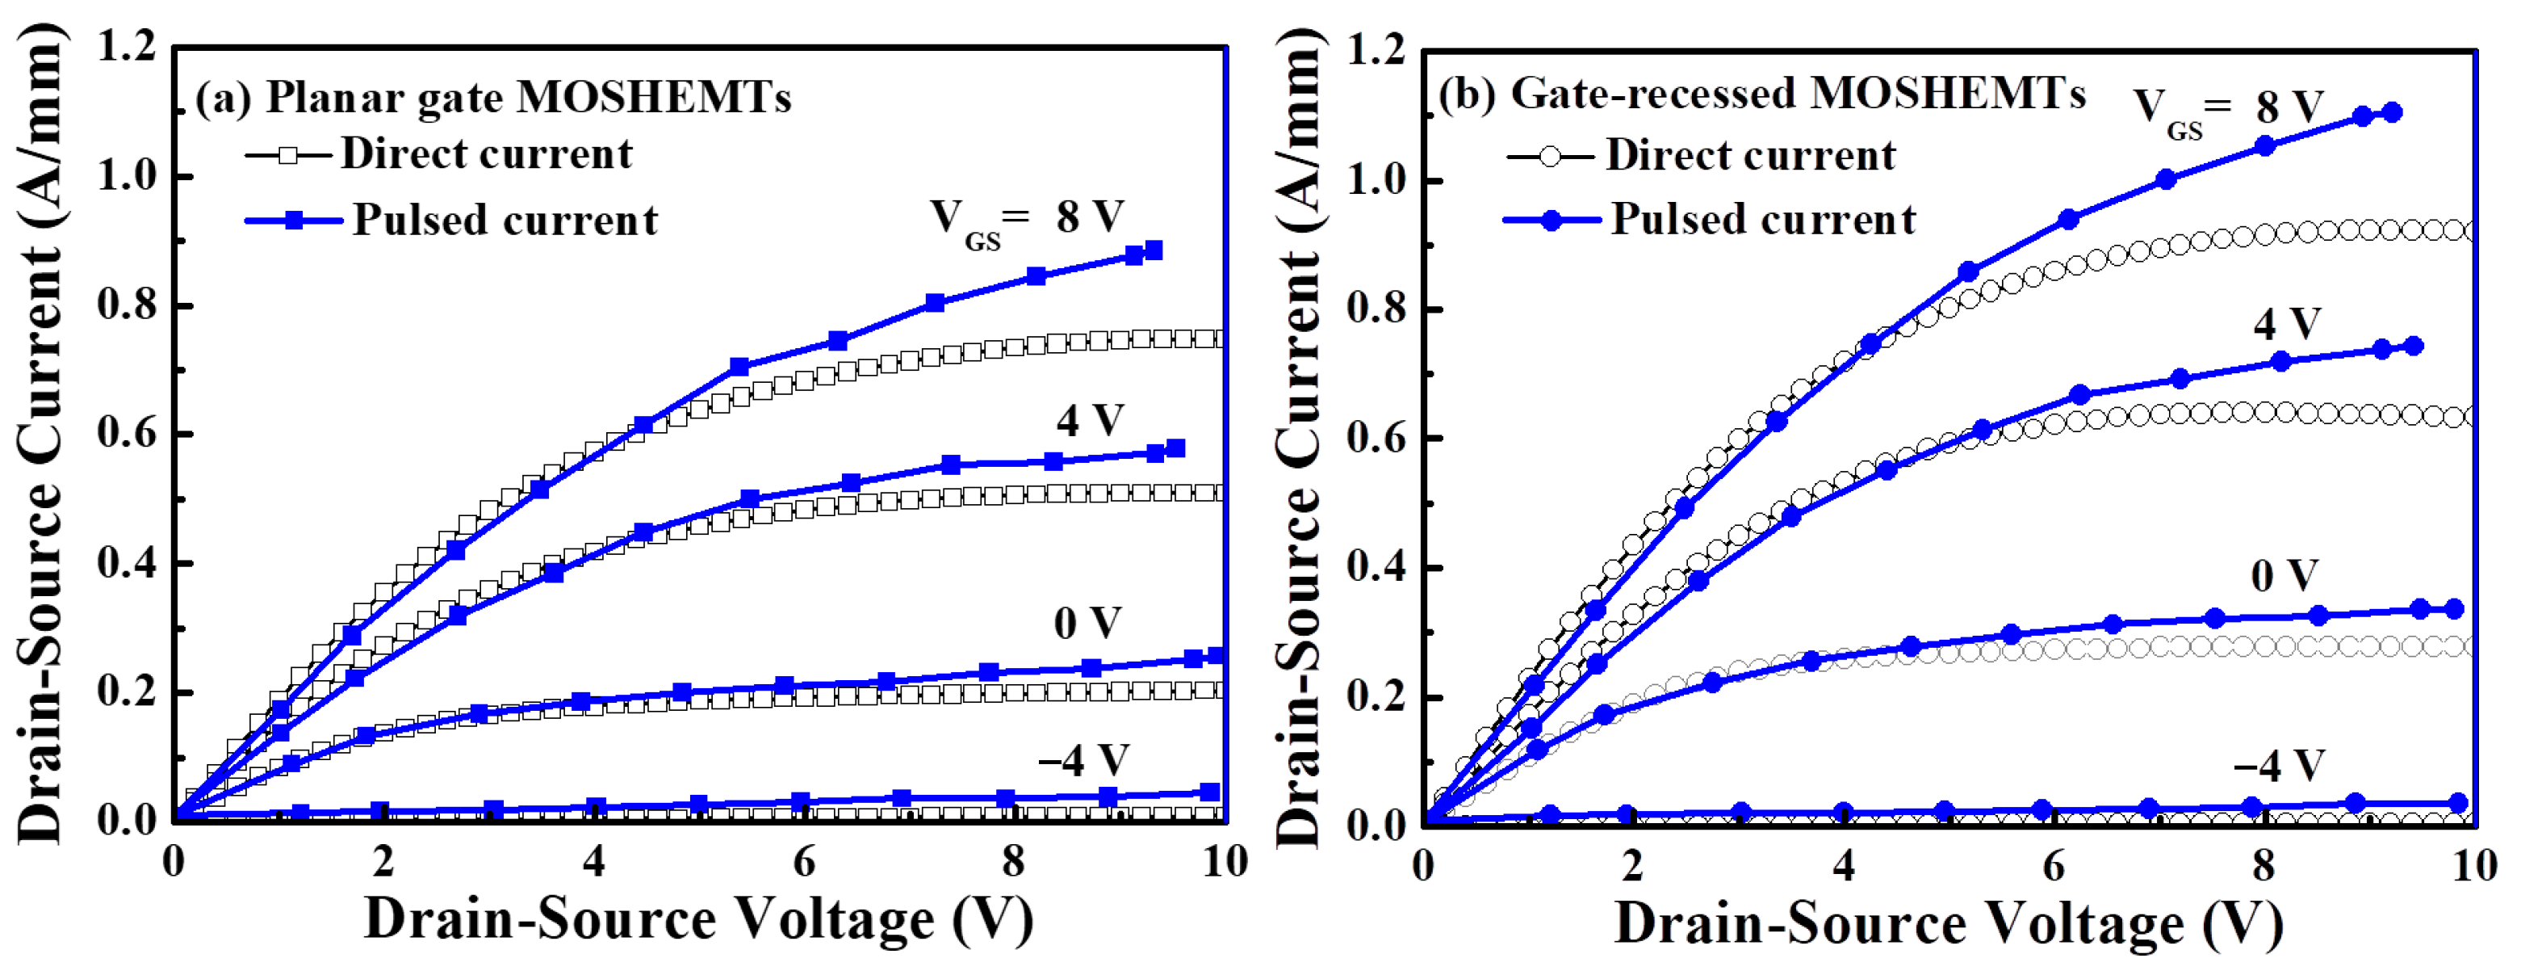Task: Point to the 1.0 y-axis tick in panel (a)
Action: click(x=128, y=176)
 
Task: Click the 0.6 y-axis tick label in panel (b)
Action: click(x=1377, y=439)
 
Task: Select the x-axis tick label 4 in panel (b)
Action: click(x=1843, y=866)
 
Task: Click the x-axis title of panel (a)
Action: click(x=699, y=920)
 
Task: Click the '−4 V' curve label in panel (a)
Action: click(x=1083, y=759)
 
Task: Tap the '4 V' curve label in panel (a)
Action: click(x=1089, y=421)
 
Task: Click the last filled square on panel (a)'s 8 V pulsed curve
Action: click(x=1153, y=250)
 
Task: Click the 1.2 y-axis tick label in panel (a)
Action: click(x=128, y=47)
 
